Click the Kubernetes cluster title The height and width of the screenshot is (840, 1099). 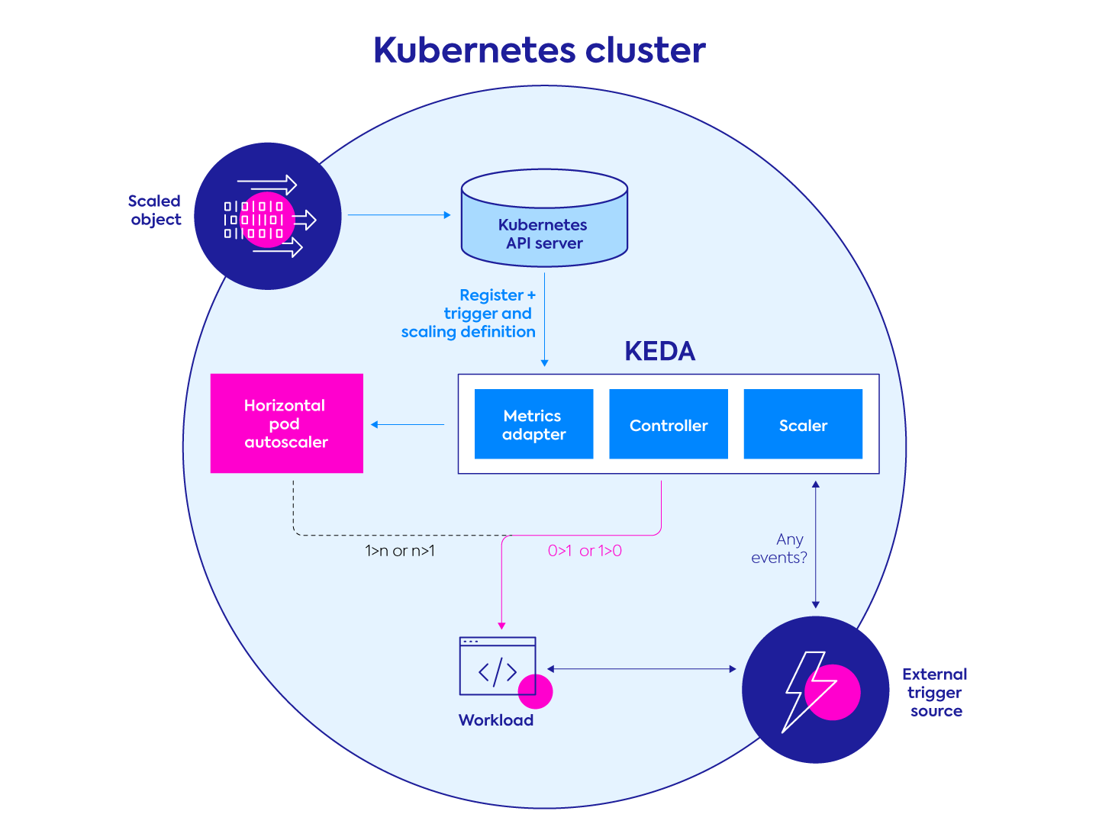539,50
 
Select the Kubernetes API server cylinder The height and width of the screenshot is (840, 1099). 544,220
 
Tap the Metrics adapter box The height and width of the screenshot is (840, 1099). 533,424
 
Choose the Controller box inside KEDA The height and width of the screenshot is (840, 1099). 668,424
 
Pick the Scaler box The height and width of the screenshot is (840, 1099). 803,424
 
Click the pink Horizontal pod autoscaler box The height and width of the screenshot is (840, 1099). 286,423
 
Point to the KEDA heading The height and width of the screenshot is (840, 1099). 659,351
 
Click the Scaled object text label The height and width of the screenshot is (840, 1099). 155,211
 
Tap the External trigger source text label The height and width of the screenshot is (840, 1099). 935,693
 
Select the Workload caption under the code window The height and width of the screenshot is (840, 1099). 495,720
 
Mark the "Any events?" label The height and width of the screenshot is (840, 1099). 779,549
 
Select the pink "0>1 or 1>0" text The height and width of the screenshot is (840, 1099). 585,551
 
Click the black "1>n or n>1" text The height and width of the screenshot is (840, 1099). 400,551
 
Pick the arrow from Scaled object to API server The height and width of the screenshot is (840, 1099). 398,215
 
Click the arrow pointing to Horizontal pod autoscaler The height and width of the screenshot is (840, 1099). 408,424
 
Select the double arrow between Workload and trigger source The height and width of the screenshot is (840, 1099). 641,669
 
